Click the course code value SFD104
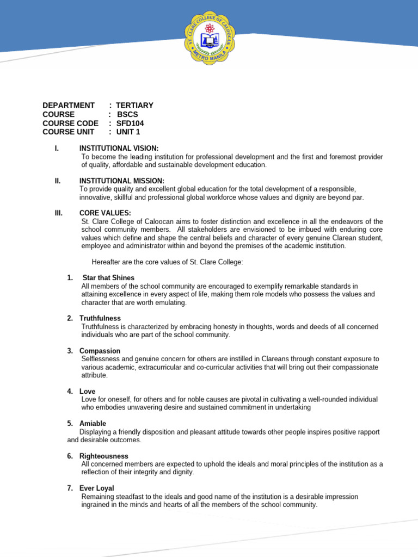(130, 123)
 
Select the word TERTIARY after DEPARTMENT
(134, 106)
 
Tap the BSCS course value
(128, 114)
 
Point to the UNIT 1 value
(128, 132)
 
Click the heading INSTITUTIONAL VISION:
(119, 148)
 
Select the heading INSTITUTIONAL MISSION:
(121, 181)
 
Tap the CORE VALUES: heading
(105, 213)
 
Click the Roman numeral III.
(59, 213)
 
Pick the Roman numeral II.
(58, 181)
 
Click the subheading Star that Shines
(108, 277)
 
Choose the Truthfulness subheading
(100, 318)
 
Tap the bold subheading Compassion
(100, 351)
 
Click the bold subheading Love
(87, 391)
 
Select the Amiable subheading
(93, 423)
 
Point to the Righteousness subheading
(103, 456)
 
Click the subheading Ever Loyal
(96, 488)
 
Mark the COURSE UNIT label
(69, 132)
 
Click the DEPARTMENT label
(69, 106)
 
